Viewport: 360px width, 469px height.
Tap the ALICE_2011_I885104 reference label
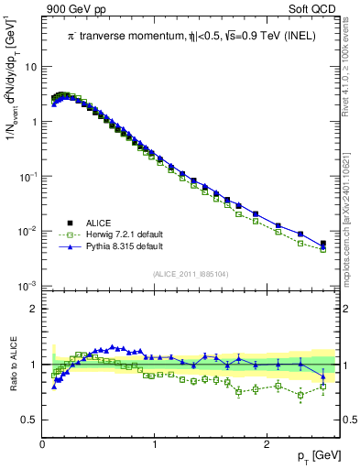(x=191, y=274)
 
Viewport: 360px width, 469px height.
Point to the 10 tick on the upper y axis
(x=31, y=67)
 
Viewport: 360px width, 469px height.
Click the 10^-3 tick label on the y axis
(x=27, y=287)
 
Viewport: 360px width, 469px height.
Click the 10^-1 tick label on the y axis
(x=27, y=177)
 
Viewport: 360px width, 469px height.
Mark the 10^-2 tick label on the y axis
(x=27, y=232)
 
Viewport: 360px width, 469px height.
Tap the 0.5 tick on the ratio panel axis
(x=29, y=420)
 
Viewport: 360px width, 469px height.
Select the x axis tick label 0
(x=43, y=444)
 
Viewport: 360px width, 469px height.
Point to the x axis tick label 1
(x=155, y=444)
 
